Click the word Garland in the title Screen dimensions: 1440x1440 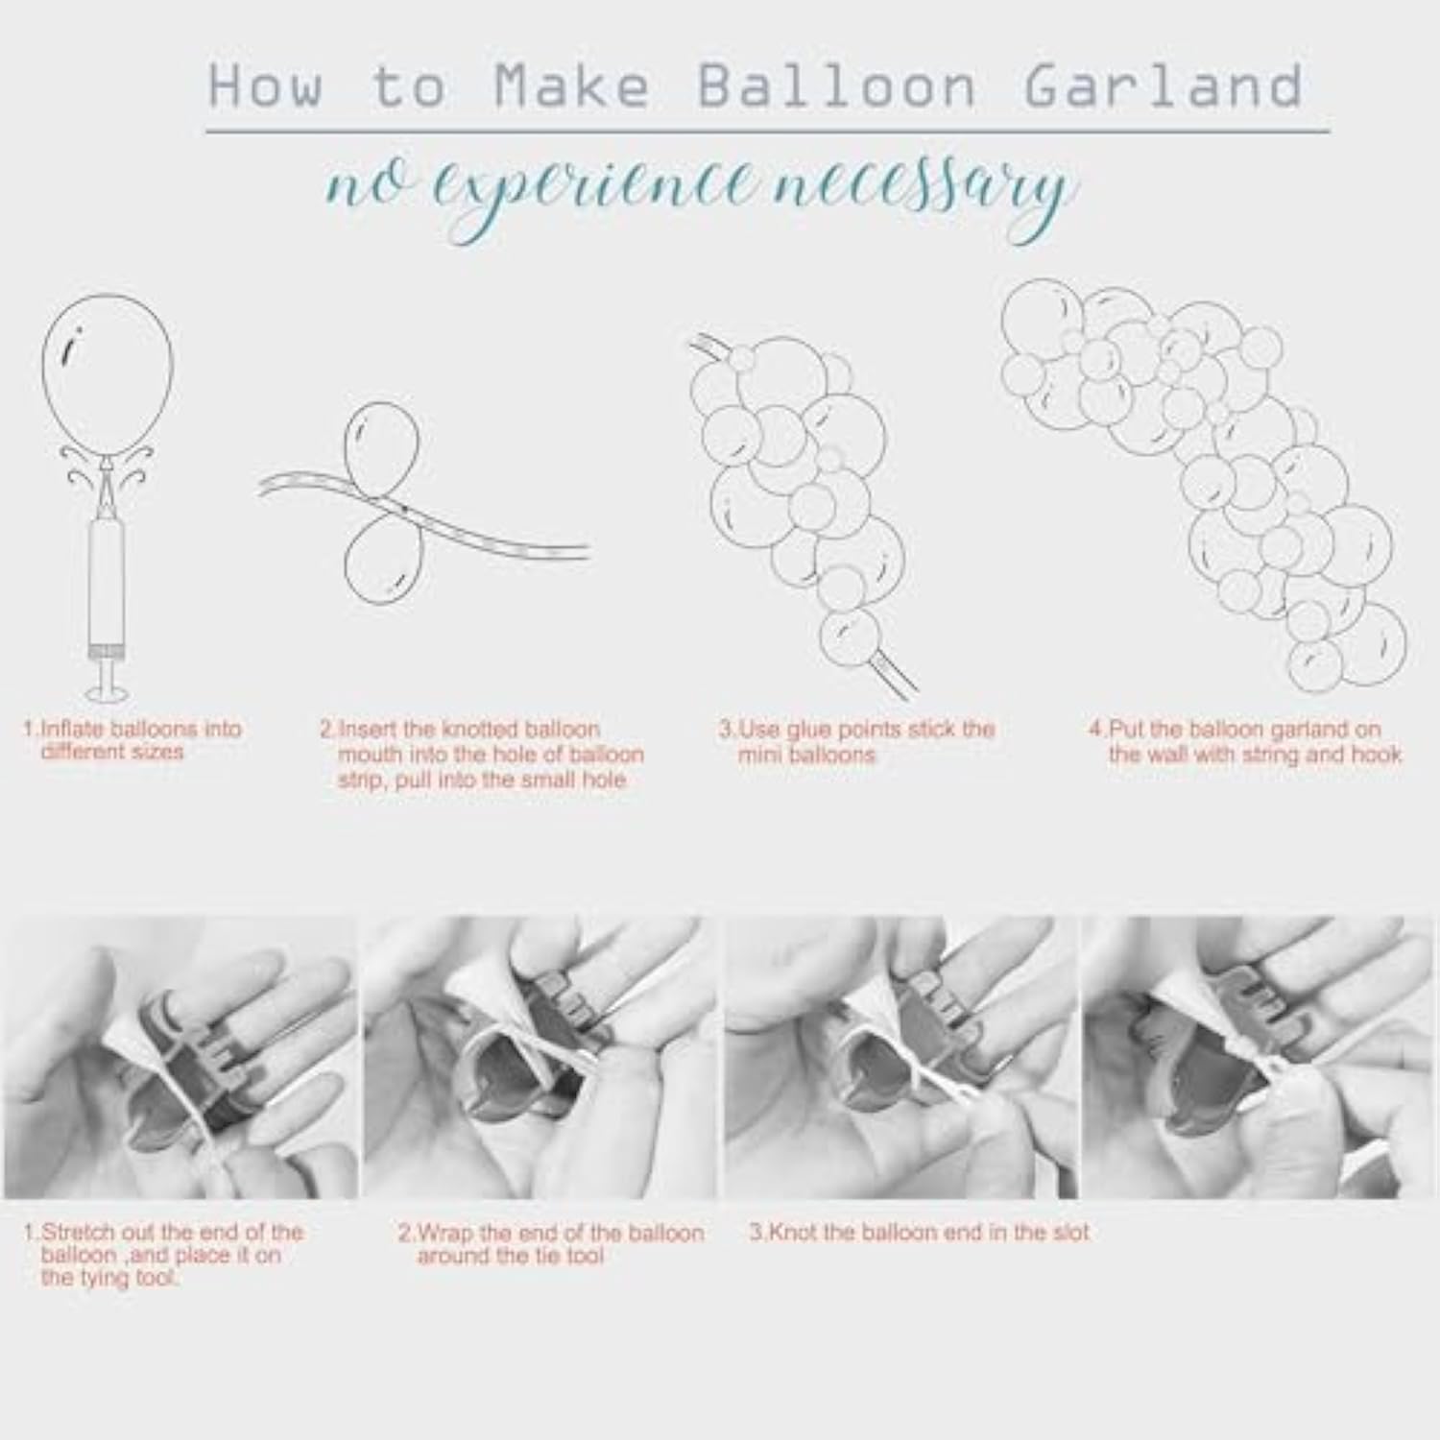pos(1164,85)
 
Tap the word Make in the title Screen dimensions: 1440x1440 pos(572,85)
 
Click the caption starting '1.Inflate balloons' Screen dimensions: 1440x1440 pos(132,740)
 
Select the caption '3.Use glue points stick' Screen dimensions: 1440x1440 pos(857,741)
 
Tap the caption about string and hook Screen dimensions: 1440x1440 pos(1245,741)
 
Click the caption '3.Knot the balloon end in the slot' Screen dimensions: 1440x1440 pos(920,1232)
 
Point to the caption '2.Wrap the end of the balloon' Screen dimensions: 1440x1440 pos(551,1244)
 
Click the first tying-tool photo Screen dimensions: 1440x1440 pos(180,1057)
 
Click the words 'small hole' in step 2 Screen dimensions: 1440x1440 pos(575,780)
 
